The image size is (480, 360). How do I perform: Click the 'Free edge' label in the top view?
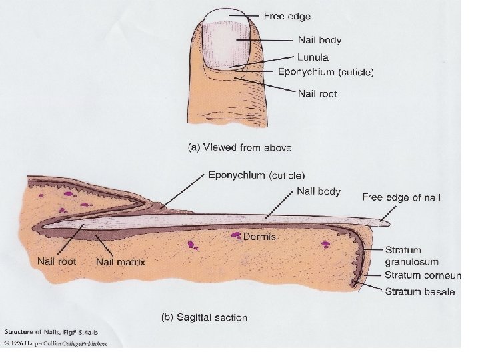click(x=287, y=15)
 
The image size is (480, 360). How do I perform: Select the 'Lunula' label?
click(x=313, y=58)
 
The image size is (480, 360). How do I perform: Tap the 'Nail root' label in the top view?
click(x=317, y=94)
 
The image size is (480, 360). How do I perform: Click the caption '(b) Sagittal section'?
click(x=205, y=317)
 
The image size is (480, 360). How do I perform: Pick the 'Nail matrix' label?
click(x=121, y=261)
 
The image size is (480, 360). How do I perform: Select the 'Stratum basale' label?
click(x=419, y=291)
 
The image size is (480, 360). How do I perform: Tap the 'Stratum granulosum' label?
click(x=413, y=255)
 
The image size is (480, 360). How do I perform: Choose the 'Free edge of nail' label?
click(x=401, y=197)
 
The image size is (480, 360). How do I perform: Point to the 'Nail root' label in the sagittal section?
click(x=57, y=261)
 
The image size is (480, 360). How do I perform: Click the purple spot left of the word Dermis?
click(x=236, y=235)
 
